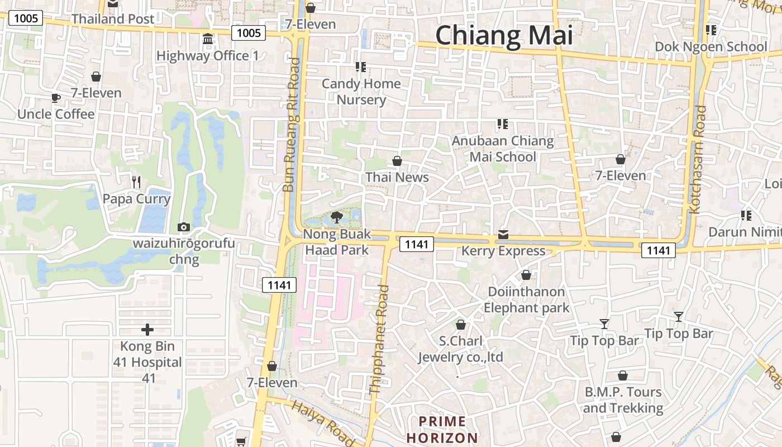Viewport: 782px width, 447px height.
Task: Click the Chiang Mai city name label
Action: click(504, 35)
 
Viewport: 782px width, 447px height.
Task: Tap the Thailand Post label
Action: click(113, 19)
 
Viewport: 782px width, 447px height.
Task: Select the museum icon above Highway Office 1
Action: click(208, 39)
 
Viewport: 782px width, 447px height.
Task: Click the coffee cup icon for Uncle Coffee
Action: click(56, 98)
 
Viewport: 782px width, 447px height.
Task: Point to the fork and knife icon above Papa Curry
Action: click(136, 182)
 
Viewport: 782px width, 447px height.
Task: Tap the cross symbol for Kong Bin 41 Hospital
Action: click(147, 330)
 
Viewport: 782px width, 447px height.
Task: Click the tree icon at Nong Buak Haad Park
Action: click(336, 217)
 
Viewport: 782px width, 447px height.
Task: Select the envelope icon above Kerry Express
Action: click(503, 235)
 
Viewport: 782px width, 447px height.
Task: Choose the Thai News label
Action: click(397, 178)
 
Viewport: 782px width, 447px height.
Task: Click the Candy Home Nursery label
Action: click(361, 92)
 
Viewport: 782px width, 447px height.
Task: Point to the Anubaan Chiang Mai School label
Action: click(503, 149)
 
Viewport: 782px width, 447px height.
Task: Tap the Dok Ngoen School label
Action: click(711, 47)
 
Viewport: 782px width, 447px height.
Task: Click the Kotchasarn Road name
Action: click(698, 160)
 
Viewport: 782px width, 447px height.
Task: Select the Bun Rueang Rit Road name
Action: click(291, 126)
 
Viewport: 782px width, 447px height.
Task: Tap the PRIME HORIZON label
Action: click(442, 429)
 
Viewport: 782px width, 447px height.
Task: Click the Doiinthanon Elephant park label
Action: click(526, 299)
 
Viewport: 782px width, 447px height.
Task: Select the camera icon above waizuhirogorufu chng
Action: click(183, 227)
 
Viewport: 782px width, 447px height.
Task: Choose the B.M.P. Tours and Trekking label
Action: click(623, 400)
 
